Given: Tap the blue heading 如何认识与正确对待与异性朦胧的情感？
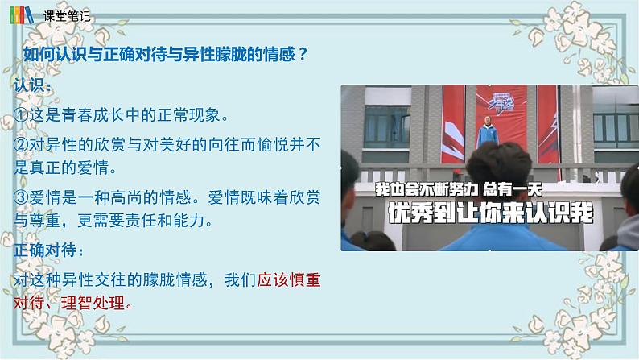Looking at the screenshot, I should point(164,54).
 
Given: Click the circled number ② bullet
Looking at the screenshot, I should point(23,145).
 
